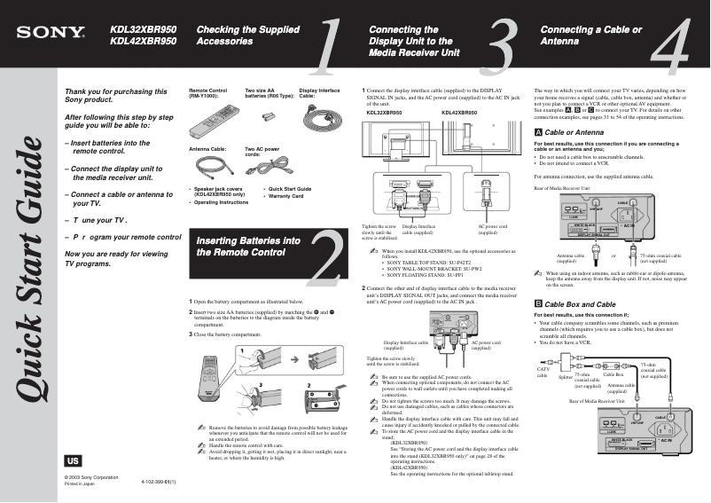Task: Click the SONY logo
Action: pyautogui.click(x=50, y=35)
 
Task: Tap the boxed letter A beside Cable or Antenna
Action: pyautogui.click(x=539, y=131)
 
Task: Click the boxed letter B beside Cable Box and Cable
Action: pyautogui.click(x=539, y=304)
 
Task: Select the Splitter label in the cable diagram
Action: pyautogui.click(x=565, y=377)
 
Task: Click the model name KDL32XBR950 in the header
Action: pyautogui.click(x=143, y=29)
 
